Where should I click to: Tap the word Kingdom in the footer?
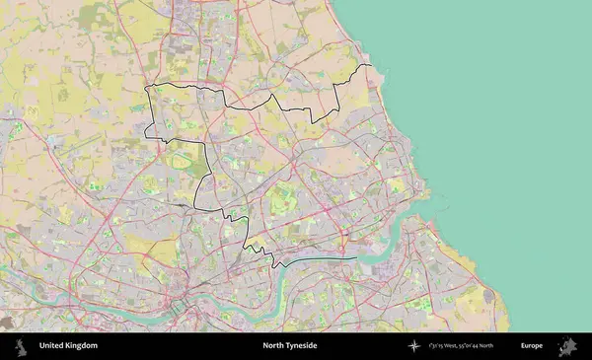pos(83,346)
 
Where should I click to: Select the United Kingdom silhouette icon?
pos(20,346)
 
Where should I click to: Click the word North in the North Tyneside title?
pos(273,346)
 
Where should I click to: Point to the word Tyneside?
pos(303,346)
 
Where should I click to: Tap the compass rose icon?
pos(415,346)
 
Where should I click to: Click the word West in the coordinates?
pos(457,346)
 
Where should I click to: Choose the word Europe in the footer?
pos(532,346)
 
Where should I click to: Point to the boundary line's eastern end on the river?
pos(356,258)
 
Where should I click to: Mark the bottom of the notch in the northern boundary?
pos(314,121)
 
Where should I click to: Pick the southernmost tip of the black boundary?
pos(273,265)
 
